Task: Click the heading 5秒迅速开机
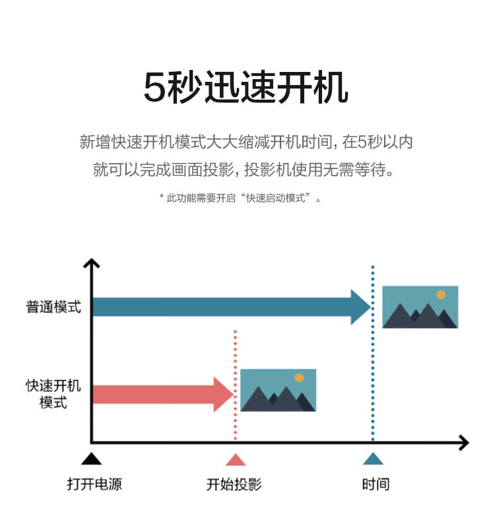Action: coord(246,87)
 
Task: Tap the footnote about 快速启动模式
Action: coord(240,198)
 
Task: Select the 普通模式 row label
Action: coord(53,307)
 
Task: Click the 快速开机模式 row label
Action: coord(53,394)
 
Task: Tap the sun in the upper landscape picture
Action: coord(441,294)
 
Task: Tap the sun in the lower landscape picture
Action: coord(299,378)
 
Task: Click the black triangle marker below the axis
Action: coord(91,459)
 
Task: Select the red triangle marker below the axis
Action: coord(236,460)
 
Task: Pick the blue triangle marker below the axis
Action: coord(373,459)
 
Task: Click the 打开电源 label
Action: coord(94,484)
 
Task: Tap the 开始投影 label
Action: coord(234,484)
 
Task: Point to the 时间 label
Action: coord(376,484)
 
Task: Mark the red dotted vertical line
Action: coord(236,385)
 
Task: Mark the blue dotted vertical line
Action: coord(373,353)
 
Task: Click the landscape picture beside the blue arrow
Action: coord(420,307)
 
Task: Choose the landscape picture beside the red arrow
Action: coord(279,390)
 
